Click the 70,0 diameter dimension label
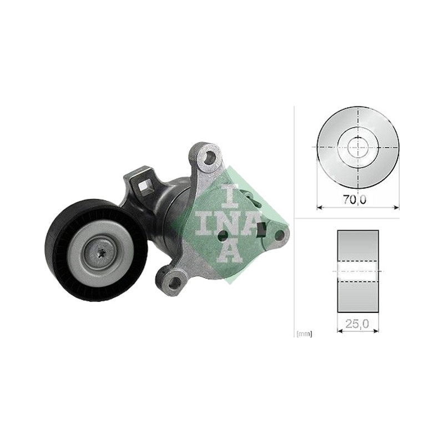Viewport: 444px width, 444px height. (355, 200)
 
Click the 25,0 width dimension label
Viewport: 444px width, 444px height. (357, 324)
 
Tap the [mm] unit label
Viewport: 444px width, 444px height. (304, 334)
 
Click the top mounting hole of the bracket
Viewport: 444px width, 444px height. (209, 157)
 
